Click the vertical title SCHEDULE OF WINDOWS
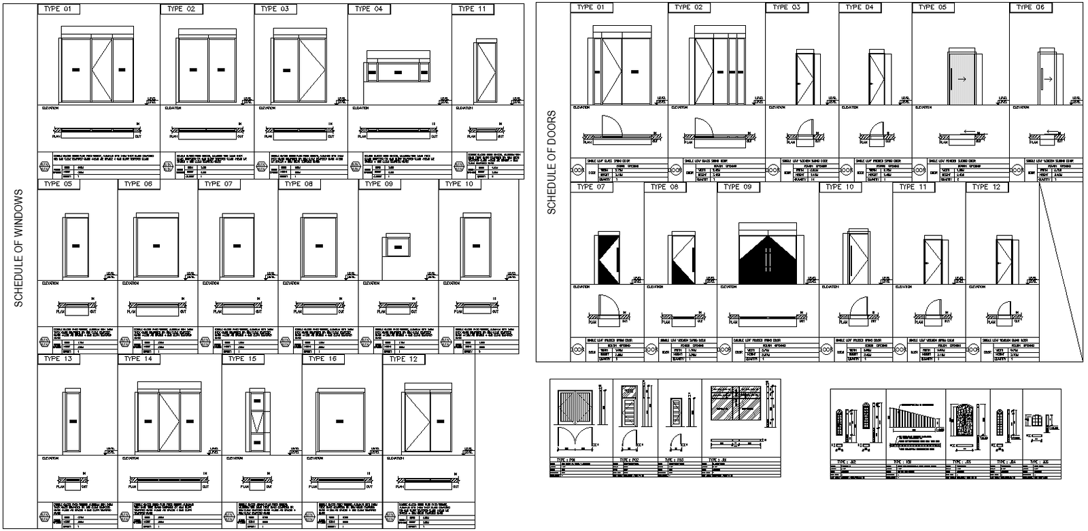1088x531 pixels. (x=18, y=249)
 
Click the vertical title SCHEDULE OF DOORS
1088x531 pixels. (x=552, y=162)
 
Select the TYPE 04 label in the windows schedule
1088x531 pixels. (x=369, y=10)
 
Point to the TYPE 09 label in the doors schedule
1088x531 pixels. (x=738, y=187)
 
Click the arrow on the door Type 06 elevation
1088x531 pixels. (x=1048, y=80)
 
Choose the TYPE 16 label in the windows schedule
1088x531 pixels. (x=323, y=359)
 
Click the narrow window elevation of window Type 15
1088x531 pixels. (x=256, y=421)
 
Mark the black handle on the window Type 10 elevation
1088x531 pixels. (x=477, y=245)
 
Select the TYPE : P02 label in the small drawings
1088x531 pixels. (x=630, y=460)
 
